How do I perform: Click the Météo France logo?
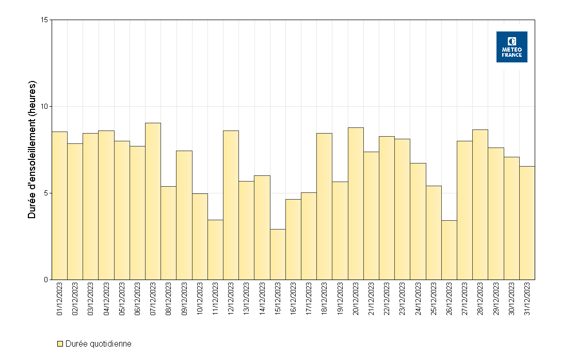click(x=511, y=47)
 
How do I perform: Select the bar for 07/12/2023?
click(x=153, y=201)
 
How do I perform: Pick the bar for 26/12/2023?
click(x=449, y=250)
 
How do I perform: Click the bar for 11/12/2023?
click(x=215, y=250)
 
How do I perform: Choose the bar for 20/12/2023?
click(x=356, y=204)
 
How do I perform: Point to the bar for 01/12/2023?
click(x=60, y=206)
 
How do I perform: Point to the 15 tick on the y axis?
click(x=44, y=20)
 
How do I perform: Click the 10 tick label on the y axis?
click(x=44, y=107)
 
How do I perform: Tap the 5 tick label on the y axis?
click(x=46, y=193)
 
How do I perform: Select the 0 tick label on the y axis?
click(x=46, y=280)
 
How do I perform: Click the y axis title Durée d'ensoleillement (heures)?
click(x=33, y=150)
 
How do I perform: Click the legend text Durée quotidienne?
click(x=99, y=344)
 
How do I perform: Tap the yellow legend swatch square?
click(x=60, y=344)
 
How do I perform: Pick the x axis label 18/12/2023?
click(x=325, y=299)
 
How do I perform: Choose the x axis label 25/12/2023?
click(x=434, y=299)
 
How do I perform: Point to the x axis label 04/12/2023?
click(x=106, y=299)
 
